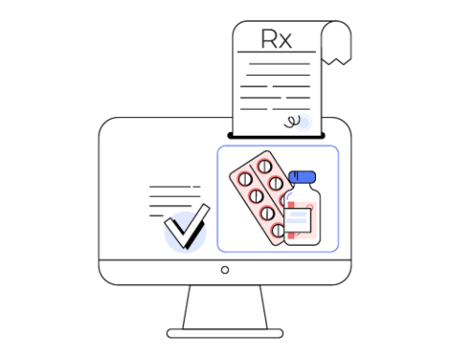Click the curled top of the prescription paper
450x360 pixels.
click(336, 37)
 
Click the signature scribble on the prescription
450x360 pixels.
click(292, 120)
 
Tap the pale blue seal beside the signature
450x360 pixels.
click(304, 122)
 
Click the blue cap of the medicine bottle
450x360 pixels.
click(302, 177)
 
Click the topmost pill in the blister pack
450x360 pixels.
click(265, 167)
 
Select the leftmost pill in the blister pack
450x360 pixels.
click(246, 179)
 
